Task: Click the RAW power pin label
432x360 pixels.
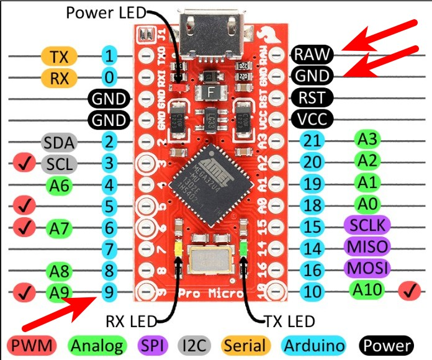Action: (313, 55)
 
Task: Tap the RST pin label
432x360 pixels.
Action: (313, 97)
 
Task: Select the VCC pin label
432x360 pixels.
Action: (313, 119)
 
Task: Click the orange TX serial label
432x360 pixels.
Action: (59, 57)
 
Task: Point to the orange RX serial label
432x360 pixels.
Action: (59, 78)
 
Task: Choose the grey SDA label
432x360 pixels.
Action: (60, 143)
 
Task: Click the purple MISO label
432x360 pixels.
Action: (366, 247)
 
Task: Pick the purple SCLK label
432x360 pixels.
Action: (366, 225)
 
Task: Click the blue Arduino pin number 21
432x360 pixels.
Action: (314, 141)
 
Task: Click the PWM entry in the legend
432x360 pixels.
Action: (30, 346)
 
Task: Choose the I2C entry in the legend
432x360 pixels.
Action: (197, 346)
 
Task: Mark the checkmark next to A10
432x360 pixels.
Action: (408, 290)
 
